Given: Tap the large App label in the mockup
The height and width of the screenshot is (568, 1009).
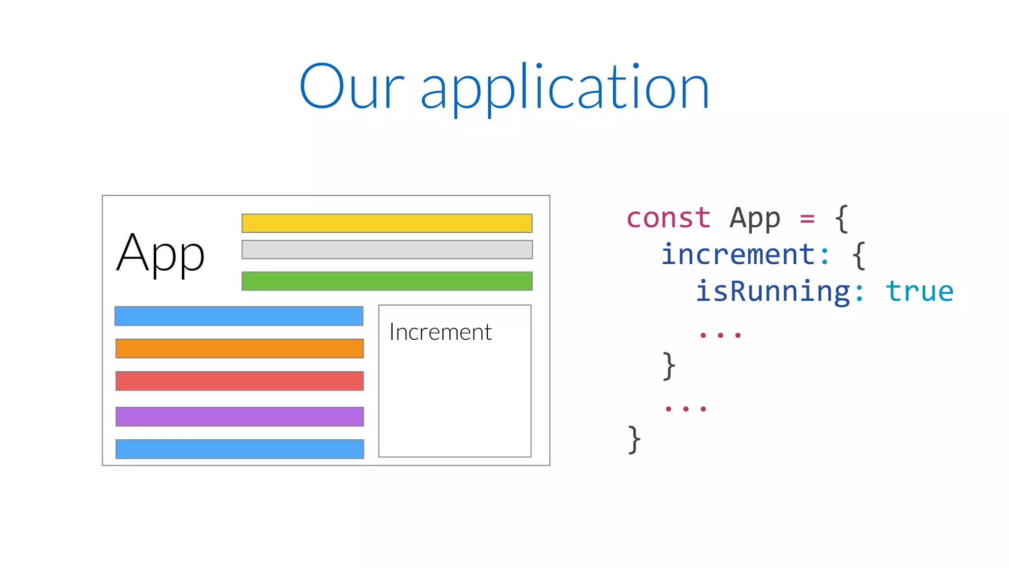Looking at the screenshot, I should (160, 253).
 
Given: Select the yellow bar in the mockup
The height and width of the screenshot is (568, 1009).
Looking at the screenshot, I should (387, 223).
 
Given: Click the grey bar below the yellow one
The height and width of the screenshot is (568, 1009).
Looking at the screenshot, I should (387, 249).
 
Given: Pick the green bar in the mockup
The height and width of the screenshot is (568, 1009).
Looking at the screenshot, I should (387, 281).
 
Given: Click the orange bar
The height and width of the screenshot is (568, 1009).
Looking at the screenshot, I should (239, 349).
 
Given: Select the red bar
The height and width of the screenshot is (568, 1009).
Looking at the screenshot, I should (239, 381).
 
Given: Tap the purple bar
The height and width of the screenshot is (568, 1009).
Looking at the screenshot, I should (239, 417).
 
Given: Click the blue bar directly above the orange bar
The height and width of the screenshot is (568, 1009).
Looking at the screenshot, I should (239, 316).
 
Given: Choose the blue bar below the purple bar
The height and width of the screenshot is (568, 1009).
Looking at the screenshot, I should (239, 449).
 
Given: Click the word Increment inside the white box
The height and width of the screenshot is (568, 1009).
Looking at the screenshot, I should (440, 332).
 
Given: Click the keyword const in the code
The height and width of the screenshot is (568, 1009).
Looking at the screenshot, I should (668, 218).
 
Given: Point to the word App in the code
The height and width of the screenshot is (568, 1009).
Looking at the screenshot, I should (755, 219).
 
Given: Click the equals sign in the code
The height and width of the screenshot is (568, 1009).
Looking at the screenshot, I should (807, 218).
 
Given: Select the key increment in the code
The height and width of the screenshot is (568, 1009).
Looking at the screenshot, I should (738, 254).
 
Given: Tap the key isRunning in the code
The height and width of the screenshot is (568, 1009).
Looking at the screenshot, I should (773, 292).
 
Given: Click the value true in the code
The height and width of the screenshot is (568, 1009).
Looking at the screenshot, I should (919, 291).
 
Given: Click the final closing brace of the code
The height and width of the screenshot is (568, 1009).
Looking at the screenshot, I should (635, 440).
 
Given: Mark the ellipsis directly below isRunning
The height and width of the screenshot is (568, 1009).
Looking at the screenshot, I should (720, 335).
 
